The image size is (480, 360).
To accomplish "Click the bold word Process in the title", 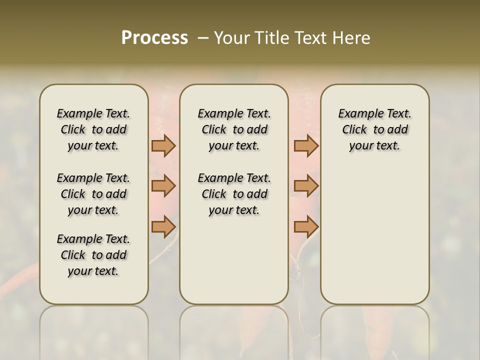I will [x=154, y=38].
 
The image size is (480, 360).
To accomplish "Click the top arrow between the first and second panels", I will [x=163, y=146].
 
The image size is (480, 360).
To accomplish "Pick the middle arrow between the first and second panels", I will [x=163, y=186].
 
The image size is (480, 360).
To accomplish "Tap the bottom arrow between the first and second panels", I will [x=163, y=226].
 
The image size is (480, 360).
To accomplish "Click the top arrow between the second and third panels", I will [x=306, y=146].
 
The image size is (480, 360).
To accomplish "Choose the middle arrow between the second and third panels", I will [x=306, y=186].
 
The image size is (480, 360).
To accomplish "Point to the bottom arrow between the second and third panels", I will [x=306, y=226].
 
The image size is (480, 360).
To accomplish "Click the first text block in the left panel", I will [x=93, y=129].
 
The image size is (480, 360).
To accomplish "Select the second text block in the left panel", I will [x=93, y=194].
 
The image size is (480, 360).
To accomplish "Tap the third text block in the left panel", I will [x=93, y=255].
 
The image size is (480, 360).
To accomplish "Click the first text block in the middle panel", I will [x=234, y=129].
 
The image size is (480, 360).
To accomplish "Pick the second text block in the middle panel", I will [x=234, y=194].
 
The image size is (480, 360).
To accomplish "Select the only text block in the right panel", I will [x=374, y=129].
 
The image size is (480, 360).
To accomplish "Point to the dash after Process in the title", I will [x=203, y=38].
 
